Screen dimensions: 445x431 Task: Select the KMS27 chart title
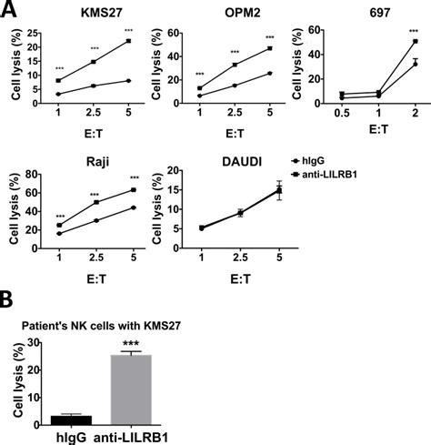pyautogui.click(x=93, y=13)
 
